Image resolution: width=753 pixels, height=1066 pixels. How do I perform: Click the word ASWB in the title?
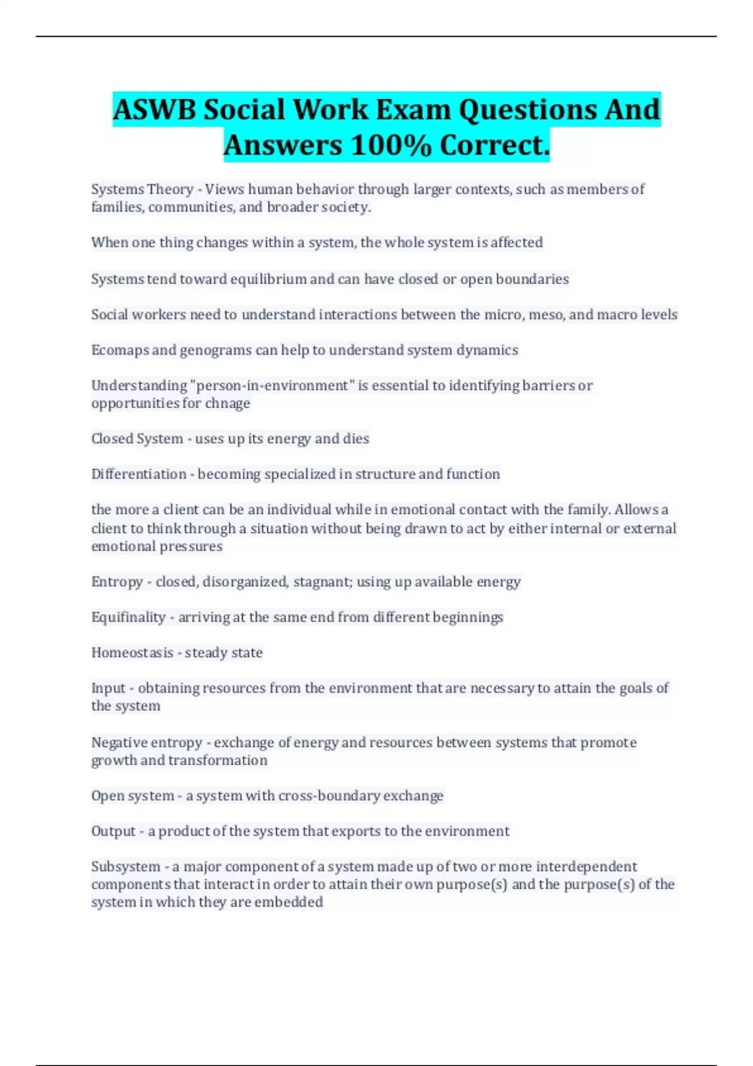154,110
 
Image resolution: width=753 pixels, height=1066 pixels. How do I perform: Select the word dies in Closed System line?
356,438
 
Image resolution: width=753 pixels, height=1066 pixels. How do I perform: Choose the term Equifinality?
128,617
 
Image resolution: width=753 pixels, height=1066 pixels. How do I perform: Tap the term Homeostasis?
132,653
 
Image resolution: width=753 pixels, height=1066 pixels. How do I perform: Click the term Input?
109,688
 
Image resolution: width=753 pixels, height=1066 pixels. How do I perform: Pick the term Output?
114,831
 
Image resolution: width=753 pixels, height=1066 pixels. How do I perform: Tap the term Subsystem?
125,867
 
